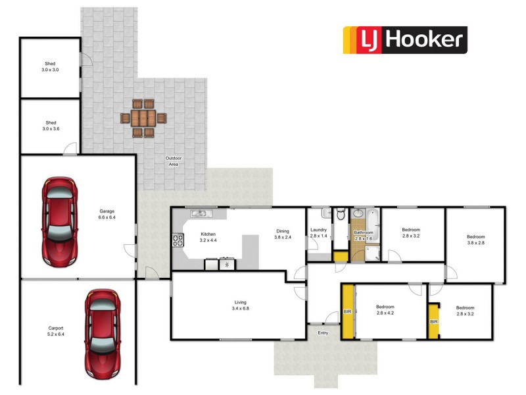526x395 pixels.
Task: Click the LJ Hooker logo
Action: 406,39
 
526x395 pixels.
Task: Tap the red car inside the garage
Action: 59,221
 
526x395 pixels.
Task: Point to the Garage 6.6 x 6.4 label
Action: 107,215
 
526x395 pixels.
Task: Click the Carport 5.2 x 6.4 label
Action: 56,330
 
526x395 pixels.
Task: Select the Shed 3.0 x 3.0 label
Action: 51,66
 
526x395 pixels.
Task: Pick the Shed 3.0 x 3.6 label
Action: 51,126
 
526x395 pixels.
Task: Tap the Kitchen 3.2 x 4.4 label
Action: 208,237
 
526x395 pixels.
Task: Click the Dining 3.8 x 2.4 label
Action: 283,234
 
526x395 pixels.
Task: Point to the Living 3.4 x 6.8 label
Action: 239,305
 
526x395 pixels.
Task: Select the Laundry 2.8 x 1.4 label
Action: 318,232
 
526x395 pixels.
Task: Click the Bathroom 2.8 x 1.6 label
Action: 364,235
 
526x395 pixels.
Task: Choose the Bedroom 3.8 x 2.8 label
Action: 475,240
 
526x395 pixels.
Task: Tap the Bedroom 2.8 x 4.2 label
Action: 385,310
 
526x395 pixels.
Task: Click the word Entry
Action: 323,332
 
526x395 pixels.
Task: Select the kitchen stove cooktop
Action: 178,240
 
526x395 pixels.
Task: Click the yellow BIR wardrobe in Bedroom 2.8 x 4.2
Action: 347,311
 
